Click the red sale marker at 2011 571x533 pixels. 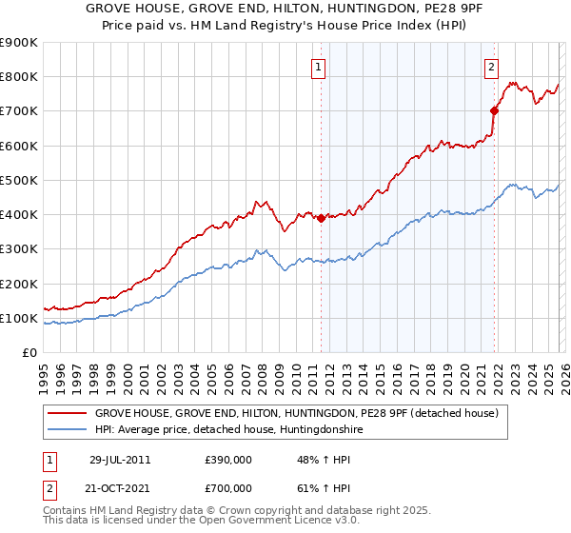pyautogui.click(x=321, y=218)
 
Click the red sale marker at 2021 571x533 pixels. pyautogui.click(x=494, y=110)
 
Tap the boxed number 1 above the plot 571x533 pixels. pyautogui.click(x=317, y=67)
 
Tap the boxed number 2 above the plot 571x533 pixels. pyautogui.click(x=491, y=67)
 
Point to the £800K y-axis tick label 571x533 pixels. pyautogui.click(x=18, y=77)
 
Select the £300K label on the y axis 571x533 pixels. pyautogui.click(x=18, y=249)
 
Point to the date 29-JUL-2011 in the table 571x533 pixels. pyautogui.click(x=120, y=460)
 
